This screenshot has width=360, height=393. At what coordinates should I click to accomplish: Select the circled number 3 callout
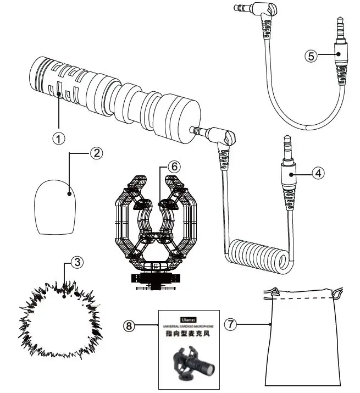click(x=78, y=263)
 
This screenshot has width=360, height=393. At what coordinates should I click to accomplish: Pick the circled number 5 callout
click(x=311, y=56)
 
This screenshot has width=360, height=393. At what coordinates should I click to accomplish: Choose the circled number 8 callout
click(x=130, y=325)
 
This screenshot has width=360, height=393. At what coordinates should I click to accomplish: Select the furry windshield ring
click(x=60, y=316)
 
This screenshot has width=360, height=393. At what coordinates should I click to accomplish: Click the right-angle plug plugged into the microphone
click(x=223, y=137)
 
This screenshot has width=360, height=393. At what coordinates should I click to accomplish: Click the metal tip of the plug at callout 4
click(x=286, y=147)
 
